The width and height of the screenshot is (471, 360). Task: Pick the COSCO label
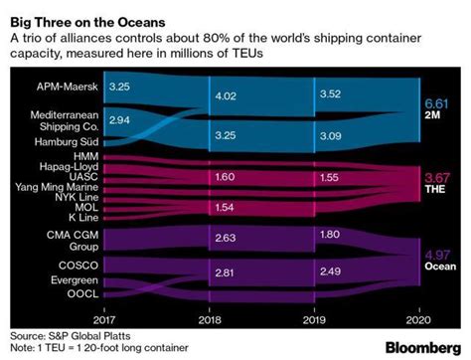pyautogui.click(x=78, y=267)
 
